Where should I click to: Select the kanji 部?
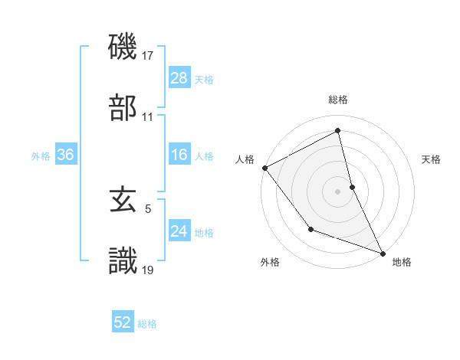pos(123,107)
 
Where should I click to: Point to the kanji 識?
pos(123,260)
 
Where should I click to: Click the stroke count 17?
pos(149,56)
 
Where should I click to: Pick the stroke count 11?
pos(148,117)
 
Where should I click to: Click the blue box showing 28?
pos(179,78)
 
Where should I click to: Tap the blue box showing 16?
pos(179,155)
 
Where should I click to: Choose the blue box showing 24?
pos(179,231)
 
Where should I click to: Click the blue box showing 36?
pos(65,155)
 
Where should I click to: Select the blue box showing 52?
pos(123,322)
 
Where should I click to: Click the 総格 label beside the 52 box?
pos(147,324)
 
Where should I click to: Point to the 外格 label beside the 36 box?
pos(41,156)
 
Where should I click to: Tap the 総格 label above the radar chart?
pos(338,100)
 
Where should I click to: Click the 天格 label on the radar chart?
pos(432,160)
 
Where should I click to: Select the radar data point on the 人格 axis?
pos(264,168)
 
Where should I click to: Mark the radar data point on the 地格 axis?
pos(383,253)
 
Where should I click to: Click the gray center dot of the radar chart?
pos(338,191)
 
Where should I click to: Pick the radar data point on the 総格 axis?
pos(338,131)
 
